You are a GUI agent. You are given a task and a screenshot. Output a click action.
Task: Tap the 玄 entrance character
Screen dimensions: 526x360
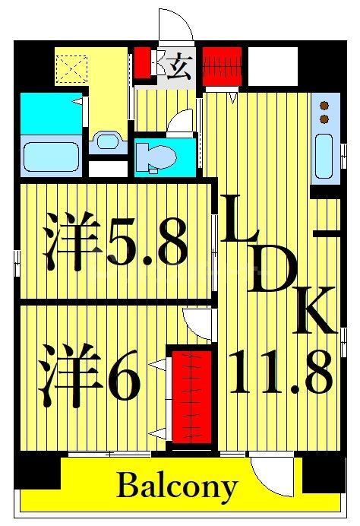coord(178,67)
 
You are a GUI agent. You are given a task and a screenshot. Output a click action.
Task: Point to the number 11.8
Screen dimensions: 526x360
coord(280,373)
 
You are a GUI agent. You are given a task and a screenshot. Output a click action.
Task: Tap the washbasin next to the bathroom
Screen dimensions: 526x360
coord(107,141)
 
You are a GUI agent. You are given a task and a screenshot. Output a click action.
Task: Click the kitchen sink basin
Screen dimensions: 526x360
coord(323,156)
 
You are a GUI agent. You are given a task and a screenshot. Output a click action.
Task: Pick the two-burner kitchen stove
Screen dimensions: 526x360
coord(324,113)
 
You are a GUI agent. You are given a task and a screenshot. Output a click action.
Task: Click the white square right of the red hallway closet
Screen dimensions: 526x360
coord(272,65)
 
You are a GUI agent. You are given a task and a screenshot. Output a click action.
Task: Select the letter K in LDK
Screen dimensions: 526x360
coord(313,309)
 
